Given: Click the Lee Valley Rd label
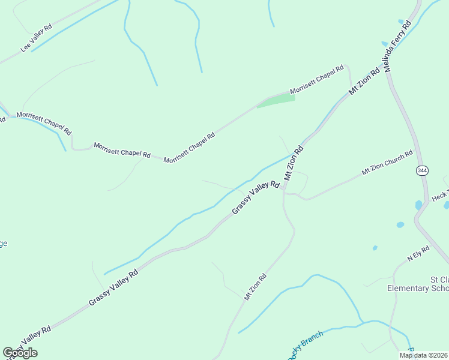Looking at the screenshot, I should [37, 38].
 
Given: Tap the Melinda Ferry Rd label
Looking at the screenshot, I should [397, 47].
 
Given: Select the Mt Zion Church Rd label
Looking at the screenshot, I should [387, 163].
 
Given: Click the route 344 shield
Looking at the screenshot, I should [422, 171].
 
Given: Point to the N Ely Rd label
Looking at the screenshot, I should [418, 254].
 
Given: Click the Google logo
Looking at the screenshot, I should [20, 353].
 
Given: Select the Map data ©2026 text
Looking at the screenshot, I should [423, 355].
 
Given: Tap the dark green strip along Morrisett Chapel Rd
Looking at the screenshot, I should [276, 100].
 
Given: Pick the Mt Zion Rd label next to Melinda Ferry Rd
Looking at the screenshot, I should [364, 81].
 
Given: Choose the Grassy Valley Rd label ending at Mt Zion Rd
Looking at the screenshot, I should [255, 197].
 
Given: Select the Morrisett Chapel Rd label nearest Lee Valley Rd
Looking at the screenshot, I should [44, 123].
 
